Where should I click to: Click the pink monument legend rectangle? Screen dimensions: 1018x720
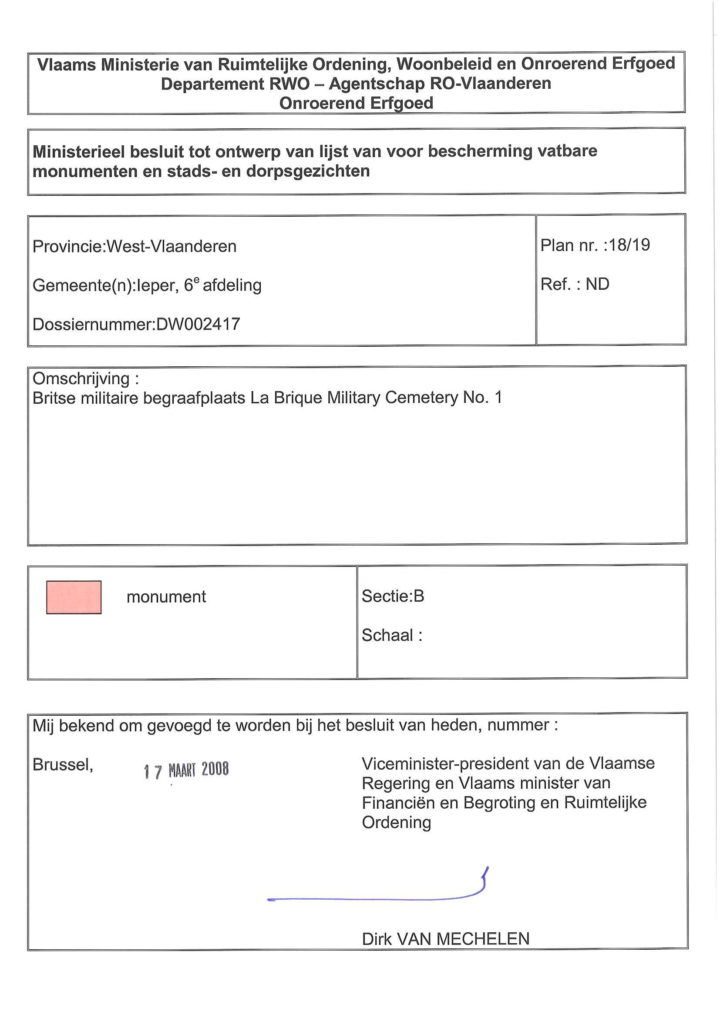(x=74, y=597)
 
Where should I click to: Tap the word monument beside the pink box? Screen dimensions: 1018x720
(x=166, y=597)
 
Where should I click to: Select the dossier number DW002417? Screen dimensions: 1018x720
(x=198, y=324)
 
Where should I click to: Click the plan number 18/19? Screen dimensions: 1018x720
(x=629, y=245)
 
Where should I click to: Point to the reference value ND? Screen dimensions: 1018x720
(x=597, y=284)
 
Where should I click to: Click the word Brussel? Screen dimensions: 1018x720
(x=63, y=765)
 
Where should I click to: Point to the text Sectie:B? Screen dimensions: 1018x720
(x=393, y=596)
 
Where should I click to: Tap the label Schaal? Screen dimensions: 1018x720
(x=388, y=635)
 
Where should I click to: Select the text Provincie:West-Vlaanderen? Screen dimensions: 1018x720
(x=135, y=247)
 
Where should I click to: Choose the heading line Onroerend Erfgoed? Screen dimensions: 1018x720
(x=356, y=103)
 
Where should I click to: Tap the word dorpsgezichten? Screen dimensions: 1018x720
(x=308, y=171)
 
